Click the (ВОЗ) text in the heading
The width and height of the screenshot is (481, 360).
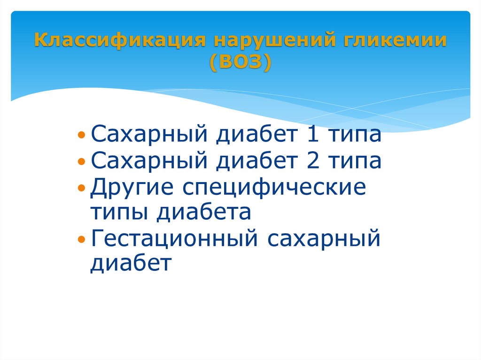pyautogui.click(x=240, y=63)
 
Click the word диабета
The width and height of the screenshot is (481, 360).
pyautogui.click(x=204, y=213)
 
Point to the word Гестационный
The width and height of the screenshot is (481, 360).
pyautogui.click(x=173, y=239)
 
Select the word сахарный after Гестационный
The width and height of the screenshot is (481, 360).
pyautogui.click(x=324, y=239)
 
